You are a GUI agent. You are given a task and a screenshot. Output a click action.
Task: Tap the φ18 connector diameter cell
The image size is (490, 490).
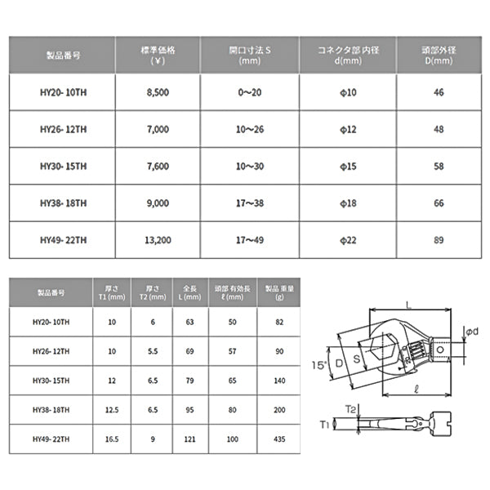coord(349,203)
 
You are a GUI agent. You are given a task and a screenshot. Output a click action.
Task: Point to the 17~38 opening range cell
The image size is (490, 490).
coord(251,203)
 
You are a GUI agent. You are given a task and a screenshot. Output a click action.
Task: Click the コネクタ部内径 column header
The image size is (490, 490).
coord(349,55)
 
